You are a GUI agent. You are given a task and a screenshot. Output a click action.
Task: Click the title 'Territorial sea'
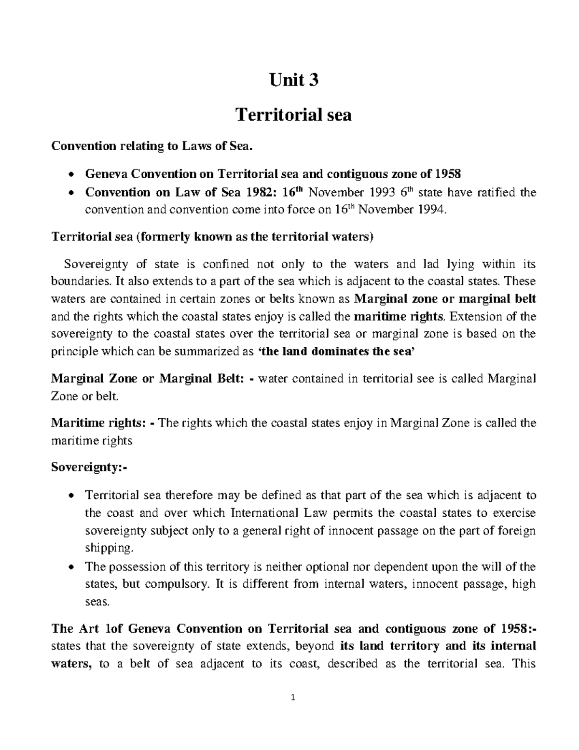[x=293, y=115]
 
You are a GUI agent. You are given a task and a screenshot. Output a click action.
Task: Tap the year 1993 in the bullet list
[x=375, y=193]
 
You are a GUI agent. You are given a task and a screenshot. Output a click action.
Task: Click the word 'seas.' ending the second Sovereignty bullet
[x=97, y=602]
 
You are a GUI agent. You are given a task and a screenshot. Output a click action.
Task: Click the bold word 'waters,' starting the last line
[x=71, y=664]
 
